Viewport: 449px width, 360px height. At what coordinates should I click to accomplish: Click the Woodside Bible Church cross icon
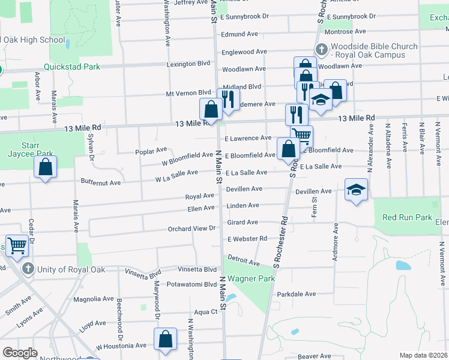[321, 50]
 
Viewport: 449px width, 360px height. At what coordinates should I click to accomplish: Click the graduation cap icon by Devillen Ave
[356, 191]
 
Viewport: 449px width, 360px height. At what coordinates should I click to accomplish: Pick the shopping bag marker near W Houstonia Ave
[165, 340]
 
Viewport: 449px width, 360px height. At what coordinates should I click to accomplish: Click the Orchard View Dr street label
[191, 229]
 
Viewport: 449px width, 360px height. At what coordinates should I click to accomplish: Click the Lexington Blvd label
[189, 64]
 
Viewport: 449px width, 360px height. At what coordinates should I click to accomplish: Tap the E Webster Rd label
[247, 239]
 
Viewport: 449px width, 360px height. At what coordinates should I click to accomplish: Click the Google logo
[20, 353]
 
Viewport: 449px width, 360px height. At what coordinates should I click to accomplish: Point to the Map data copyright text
[423, 355]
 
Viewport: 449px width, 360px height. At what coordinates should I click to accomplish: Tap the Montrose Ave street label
[344, 31]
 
